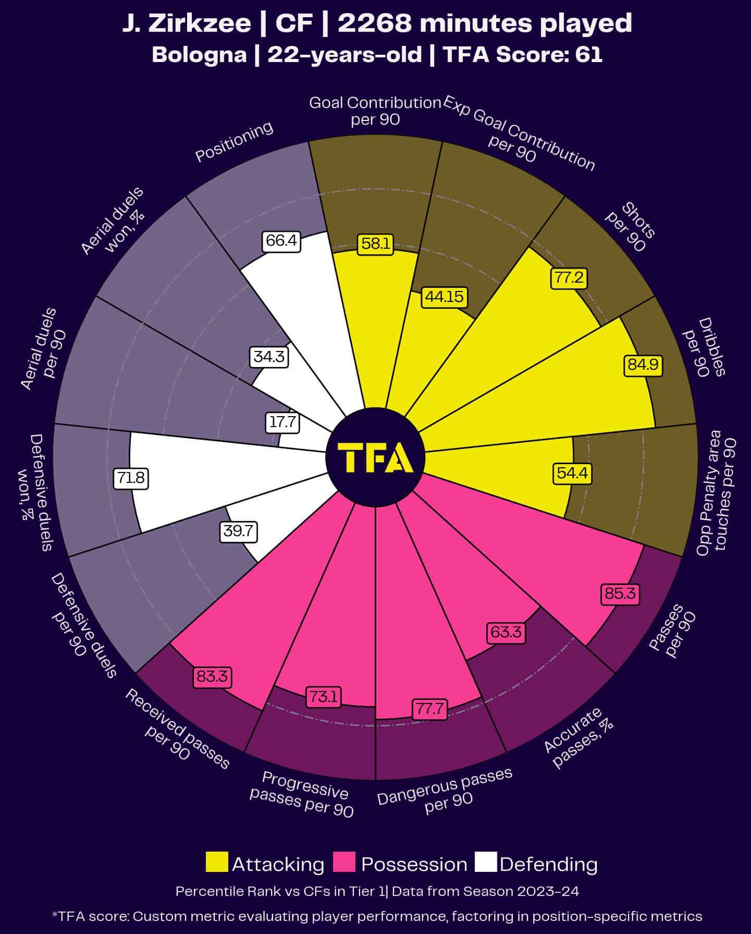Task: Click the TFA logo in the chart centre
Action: tap(375, 457)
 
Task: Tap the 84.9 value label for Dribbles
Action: tap(643, 365)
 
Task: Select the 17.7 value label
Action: tap(282, 422)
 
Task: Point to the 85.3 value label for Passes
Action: tap(620, 593)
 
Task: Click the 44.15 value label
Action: tap(444, 296)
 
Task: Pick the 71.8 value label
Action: tap(131, 478)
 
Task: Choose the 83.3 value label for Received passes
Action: tap(212, 677)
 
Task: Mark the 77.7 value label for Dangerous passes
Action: tap(430, 709)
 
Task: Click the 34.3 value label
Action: tap(269, 357)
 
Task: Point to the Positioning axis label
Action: tap(234, 142)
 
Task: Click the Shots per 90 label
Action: tap(630, 230)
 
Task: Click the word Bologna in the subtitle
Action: tap(199, 55)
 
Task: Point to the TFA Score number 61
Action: tap(589, 55)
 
